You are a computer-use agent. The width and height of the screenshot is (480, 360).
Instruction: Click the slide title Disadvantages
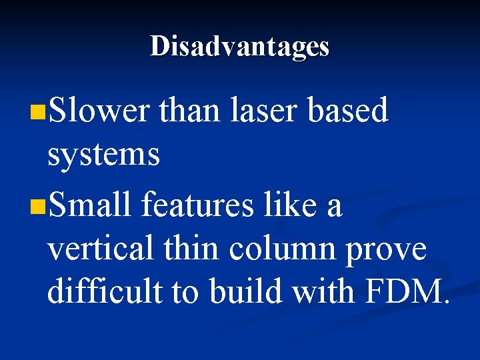[239, 47]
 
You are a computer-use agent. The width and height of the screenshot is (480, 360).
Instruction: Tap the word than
[189, 110]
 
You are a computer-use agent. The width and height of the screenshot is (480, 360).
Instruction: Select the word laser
[265, 110]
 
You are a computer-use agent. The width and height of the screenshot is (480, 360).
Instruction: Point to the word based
[347, 110]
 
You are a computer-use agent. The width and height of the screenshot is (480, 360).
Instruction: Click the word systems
[103, 155]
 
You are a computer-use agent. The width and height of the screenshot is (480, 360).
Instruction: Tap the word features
[198, 204]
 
